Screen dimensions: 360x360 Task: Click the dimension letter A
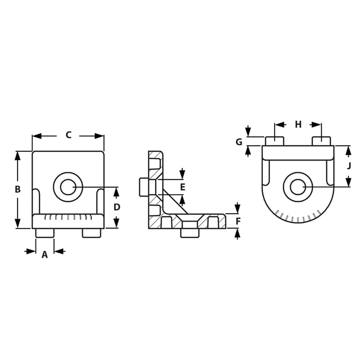tap(45, 255)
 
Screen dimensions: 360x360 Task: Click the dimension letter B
tap(18, 189)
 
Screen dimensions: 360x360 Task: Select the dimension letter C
tap(68, 135)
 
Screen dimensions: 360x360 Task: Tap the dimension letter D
tap(117, 207)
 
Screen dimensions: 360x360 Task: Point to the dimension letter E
tap(182, 187)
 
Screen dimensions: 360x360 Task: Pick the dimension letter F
tap(238, 221)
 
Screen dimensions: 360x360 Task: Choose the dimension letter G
tap(239, 142)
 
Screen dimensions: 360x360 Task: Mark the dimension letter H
tap(298, 125)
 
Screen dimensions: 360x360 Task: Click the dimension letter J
tap(349, 166)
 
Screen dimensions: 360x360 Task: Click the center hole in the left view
tap(68, 187)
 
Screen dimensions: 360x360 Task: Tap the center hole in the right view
tap(297, 187)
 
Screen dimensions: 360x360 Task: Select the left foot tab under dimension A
tap(45, 233)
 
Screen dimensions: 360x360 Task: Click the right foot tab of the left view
tap(91, 233)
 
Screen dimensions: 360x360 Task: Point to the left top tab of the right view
tap(274, 141)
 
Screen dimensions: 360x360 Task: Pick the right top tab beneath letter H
tap(321, 141)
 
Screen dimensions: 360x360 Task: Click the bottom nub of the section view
tap(190, 233)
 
